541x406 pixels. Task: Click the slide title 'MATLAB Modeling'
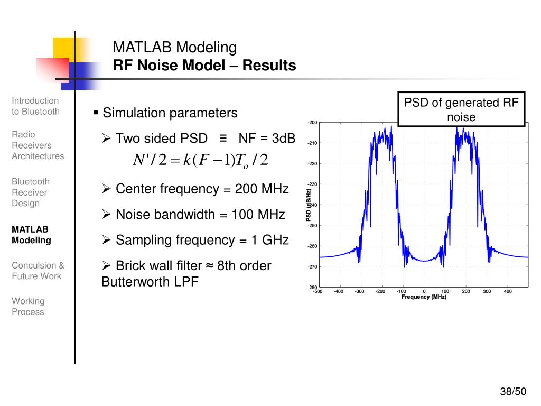coord(175,48)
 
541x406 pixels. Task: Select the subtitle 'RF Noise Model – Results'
coord(204,66)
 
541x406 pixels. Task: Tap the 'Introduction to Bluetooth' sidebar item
coord(35,106)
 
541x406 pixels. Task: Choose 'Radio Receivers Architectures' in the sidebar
coord(38,145)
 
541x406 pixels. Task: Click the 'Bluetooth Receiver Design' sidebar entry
coord(31,192)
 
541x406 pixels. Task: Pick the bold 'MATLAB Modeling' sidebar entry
coord(31,235)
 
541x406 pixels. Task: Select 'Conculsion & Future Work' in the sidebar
coord(38,271)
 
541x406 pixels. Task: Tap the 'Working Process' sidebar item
coord(28,306)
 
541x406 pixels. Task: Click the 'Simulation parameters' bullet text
coord(170,113)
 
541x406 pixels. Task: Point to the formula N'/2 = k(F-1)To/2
coord(201,160)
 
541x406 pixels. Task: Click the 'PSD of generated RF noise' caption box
coord(461,109)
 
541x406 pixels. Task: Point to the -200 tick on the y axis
coord(312,123)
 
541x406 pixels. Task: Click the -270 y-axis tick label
coord(312,266)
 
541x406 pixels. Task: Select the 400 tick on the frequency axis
coord(508,291)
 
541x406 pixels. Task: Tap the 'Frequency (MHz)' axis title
coord(424,297)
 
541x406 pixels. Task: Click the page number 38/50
coord(514,392)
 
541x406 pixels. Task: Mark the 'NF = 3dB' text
coord(266,139)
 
